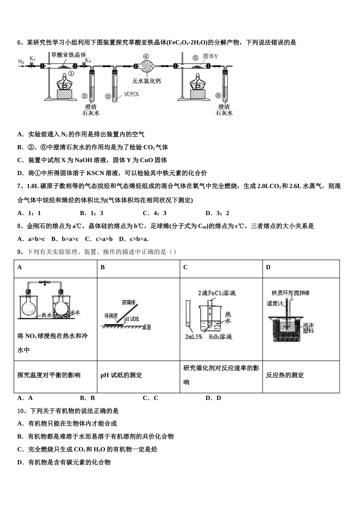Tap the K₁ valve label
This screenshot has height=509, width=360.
(x=33, y=59)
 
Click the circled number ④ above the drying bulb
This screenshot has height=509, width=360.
(x=146, y=56)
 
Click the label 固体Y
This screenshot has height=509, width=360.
(x=210, y=56)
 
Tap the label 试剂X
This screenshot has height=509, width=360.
(x=131, y=94)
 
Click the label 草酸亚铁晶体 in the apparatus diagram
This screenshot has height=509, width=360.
(x=69, y=55)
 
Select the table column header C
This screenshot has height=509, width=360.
(x=185, y=267)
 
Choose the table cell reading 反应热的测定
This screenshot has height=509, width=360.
(x=285, y=375)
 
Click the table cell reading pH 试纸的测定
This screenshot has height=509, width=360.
(x=121, y=375)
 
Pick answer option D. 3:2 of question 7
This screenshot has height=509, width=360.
(x=217, y=213)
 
